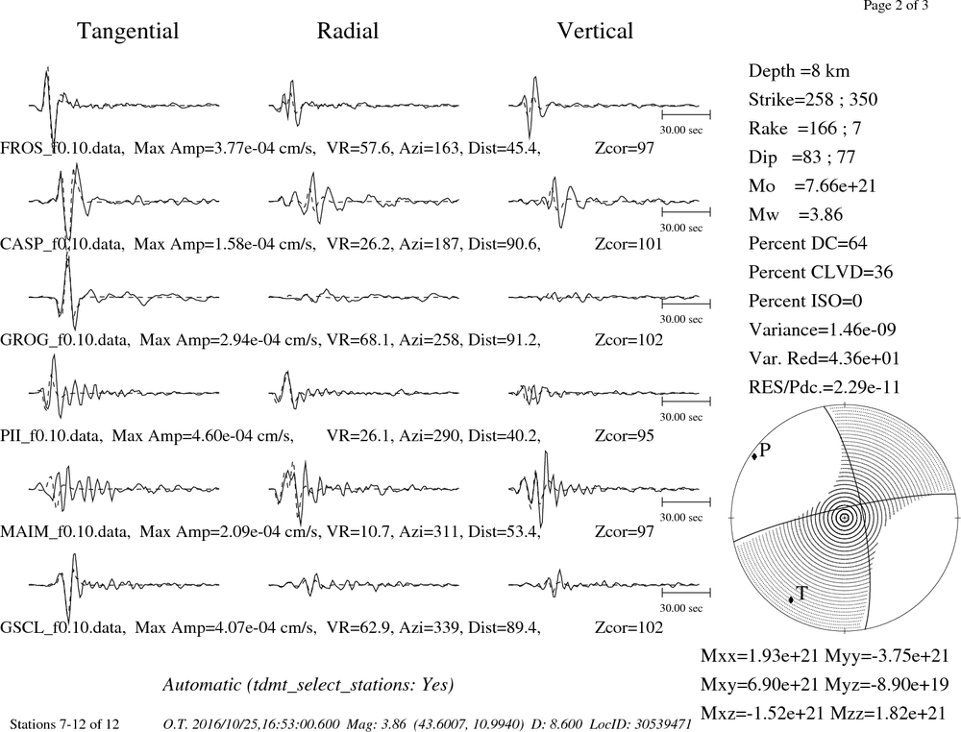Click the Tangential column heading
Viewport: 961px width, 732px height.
(x=128, y=31)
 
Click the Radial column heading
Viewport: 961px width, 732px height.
(x=348, y=31)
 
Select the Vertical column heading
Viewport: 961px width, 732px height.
(x=595, y=31)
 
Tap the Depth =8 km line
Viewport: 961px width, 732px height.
(x=800, y=70)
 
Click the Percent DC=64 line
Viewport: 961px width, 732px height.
(x=808, y=243)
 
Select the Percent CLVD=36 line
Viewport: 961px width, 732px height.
(x=821, y=272)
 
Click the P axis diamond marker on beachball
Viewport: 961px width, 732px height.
(x=753, y=456)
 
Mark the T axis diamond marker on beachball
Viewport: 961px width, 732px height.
(x=791, y=599)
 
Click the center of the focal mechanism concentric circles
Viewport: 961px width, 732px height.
(x=845, y=518)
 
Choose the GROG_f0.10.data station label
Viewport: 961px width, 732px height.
(x=64, y=339)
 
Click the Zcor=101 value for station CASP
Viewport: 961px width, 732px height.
(x=628, y=244)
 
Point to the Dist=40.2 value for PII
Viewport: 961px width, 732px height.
(x=505, y=435)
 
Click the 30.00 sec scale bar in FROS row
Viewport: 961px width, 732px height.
(x=686, y=114)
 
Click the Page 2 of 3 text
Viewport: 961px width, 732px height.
(x=896, y=6)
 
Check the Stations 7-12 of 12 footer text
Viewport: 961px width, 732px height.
(x=65, y=724)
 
